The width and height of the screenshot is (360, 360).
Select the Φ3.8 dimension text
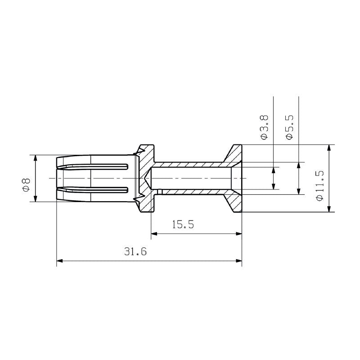tap(264, 126)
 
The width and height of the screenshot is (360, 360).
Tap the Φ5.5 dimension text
tap(289, 126)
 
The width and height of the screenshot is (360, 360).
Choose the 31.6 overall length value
tap(135, 252)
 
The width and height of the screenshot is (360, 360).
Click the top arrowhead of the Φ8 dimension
tap(36, 158)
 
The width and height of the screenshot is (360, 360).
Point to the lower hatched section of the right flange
tap(234, 202)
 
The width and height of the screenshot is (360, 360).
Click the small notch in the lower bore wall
tap(160, 192)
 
